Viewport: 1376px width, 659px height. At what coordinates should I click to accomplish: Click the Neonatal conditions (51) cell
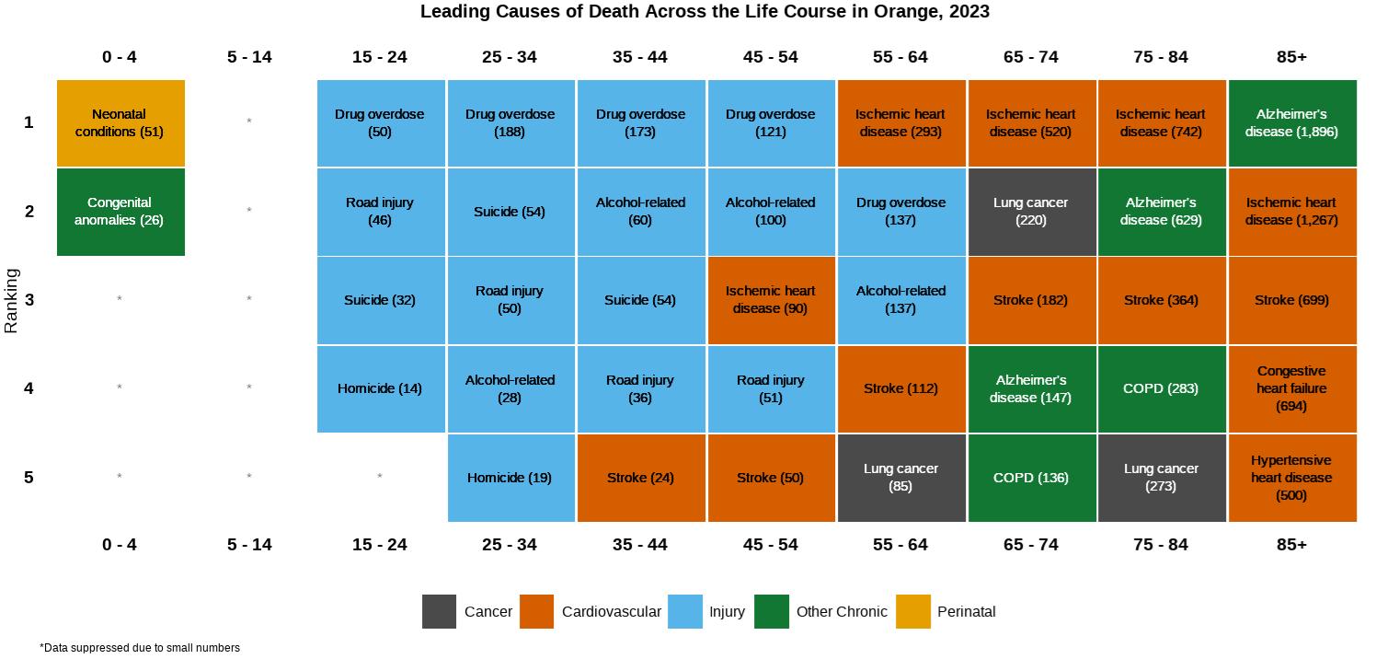coord(120,122)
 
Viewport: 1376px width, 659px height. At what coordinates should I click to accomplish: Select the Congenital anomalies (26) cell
coord(120,212)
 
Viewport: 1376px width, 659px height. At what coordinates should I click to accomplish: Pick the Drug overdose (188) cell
coord(510,122)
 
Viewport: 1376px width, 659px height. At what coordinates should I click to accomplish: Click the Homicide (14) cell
coord(380,388)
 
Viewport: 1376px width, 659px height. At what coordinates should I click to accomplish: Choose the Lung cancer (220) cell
coord(1031,212)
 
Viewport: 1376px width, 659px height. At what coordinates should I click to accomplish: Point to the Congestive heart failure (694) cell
coord(1291,388)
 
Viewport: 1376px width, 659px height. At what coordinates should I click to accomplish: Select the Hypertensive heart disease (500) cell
coord(1291,478)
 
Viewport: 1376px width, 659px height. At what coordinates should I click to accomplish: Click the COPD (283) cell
coord(1161,388)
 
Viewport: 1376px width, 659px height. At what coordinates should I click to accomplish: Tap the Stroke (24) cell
coord(640,478)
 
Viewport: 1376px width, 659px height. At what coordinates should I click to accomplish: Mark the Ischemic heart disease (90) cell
coord(771,300)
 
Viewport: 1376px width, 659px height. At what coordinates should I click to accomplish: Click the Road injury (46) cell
coord(380,212)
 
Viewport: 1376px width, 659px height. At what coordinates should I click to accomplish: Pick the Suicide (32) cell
coord(380,300)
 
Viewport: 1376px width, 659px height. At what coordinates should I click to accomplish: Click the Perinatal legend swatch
coord(912,611)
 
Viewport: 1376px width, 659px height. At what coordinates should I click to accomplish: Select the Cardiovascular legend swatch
coord(536,611)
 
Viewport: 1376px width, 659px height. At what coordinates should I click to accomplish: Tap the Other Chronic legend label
coord(842,611)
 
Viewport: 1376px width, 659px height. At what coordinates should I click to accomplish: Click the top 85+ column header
coord(1291,57)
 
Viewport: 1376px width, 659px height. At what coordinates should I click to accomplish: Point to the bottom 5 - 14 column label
coord(249,545)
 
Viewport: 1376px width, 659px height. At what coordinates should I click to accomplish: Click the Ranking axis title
coord(12,300)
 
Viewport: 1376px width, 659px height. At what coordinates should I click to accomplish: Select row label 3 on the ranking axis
coord(29,300)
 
